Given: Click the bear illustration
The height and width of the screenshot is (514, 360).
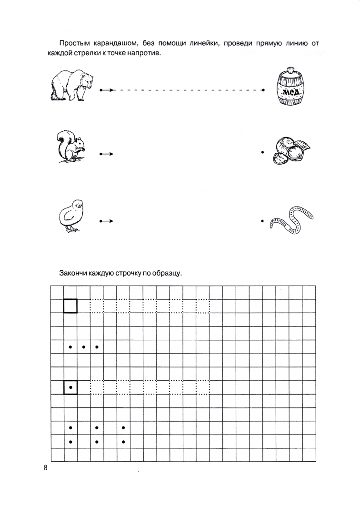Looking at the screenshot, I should coord(71,85).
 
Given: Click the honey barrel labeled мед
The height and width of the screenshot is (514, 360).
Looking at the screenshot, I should coord(290,88).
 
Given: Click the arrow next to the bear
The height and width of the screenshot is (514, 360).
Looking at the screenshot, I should coord(107,90).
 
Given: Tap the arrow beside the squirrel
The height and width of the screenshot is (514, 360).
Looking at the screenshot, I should coord(107,154).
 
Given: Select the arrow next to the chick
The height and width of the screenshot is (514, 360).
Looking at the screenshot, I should coord(107,221).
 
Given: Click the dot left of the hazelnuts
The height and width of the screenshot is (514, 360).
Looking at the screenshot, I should coord(263,153).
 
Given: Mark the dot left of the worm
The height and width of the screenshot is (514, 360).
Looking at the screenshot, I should coord(263,220).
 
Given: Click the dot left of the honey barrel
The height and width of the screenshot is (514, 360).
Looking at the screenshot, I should coord(263,90).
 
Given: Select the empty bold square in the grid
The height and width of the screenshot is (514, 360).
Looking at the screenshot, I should coord(70,306).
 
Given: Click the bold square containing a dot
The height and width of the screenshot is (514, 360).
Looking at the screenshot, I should coord(70,387).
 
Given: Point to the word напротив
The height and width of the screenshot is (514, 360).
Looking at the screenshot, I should coord(143,53).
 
